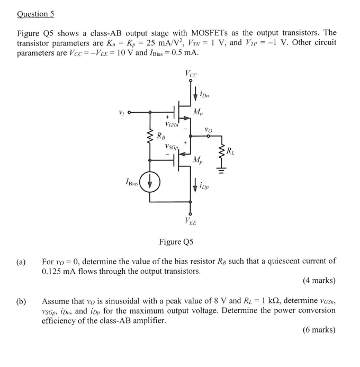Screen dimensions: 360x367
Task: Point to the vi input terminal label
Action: tap(122, 112)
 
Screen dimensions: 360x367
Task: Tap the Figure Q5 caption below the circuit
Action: tap(176, 242)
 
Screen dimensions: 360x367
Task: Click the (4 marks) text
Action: tap(319, 280)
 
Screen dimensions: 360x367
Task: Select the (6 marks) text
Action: tap(319, 329)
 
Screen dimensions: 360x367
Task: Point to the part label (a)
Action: tap(21, 261)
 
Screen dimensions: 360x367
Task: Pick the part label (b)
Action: tap(21, 301)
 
